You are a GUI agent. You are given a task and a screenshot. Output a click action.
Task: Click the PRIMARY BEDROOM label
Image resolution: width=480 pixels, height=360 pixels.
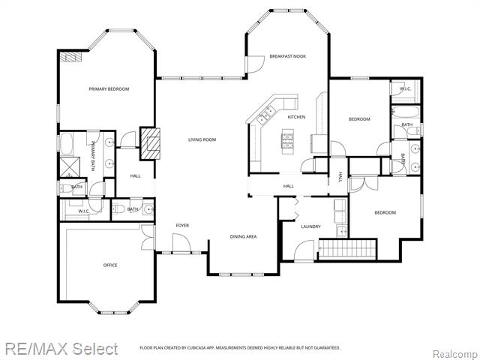(109, 89)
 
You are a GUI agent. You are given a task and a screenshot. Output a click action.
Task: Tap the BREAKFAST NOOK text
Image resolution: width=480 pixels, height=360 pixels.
(288, 56)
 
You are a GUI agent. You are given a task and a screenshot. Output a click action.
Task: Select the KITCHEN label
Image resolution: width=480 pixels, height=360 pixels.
(296, 117)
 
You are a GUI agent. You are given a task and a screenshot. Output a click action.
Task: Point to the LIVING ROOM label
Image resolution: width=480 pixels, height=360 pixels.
(202, 139)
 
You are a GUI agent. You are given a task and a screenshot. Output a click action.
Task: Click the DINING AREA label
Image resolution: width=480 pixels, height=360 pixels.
(243, 236)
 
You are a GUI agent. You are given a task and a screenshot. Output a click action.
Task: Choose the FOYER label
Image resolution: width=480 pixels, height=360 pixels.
(182, 225)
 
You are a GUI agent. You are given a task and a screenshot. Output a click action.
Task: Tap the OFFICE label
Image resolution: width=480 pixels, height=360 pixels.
(109, 265)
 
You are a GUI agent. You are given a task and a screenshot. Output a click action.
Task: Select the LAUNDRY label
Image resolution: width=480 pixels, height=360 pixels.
(310, 226)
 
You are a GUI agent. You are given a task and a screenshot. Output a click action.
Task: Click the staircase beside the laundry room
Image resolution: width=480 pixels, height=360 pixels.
(347, 247)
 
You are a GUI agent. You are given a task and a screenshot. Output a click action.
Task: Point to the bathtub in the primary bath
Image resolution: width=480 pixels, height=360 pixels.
(66, 143)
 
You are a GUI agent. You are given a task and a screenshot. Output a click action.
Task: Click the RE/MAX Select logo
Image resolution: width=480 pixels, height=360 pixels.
(61, 349)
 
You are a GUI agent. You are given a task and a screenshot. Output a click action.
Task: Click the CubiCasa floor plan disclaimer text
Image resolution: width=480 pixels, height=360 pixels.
(240, 348)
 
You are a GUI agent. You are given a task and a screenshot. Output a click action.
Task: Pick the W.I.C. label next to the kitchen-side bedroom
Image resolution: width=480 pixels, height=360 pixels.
(405, 89)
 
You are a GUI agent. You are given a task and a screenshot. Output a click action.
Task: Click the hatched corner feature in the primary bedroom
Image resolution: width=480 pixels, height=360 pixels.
(70, 58)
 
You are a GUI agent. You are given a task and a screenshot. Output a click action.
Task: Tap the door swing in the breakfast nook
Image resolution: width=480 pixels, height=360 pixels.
(256, 65)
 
